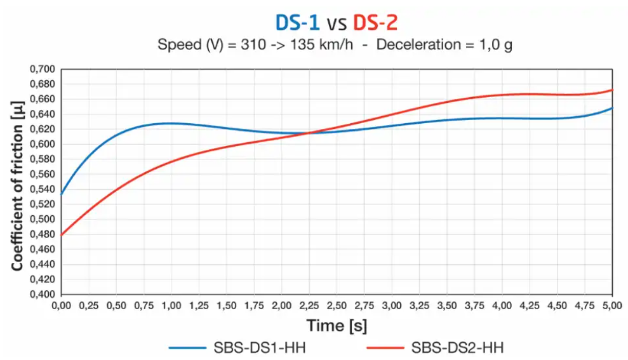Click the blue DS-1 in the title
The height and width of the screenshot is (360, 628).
point(297,23)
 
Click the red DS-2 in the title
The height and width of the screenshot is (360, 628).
point(375,23)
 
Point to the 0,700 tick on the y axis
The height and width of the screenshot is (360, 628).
point(43,69)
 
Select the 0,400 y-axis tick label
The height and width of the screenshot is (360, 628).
point(43,294)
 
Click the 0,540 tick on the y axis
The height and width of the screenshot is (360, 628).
point(43,189)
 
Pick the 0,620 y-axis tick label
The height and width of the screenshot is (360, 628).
point(43,129)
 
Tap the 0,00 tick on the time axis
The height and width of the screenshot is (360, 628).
point(61,305)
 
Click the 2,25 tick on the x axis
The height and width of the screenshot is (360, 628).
point(309,305)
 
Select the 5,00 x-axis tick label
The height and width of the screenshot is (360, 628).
point(612,305)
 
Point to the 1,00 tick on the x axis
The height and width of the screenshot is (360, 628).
point(171,305)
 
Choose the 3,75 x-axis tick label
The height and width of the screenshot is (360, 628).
point(474,305)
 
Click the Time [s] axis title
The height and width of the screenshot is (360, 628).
point(337,326)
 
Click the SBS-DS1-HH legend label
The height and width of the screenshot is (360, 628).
point(262,347)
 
